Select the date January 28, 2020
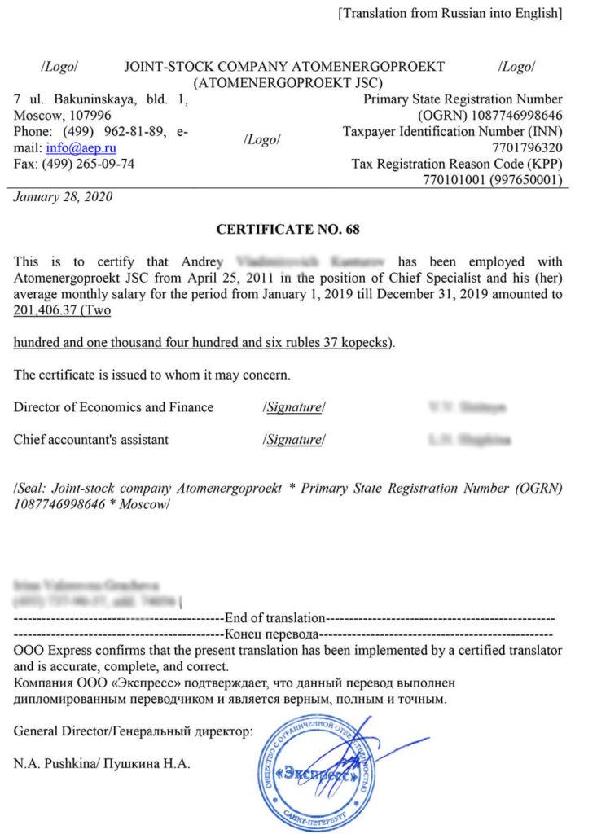[x=64, y=196]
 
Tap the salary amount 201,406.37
[x=46, y=310]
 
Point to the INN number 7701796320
[x=529, y=148]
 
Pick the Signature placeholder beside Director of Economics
[x=294, y=407]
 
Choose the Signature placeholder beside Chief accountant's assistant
[x=294, y=440]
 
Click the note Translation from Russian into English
[x=450, y=13]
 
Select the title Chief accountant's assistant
[x=91, y=440]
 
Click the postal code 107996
[x=75, y=116]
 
